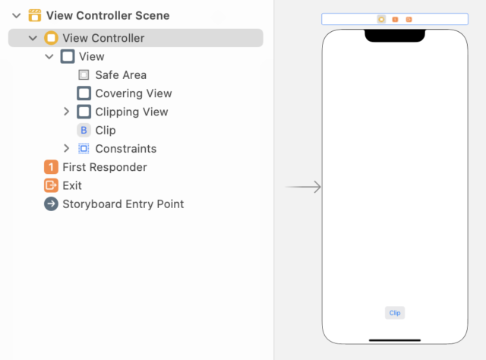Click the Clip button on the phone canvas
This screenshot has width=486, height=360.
(x=394, y=313)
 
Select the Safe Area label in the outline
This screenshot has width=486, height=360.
(x=121, y=75)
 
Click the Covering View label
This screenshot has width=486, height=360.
(x=133, y=93)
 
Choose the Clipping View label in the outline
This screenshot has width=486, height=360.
(x=131, y=112)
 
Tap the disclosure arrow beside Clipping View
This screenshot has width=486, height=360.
(x=67, y=112)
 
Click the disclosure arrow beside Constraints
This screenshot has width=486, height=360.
(x=67, y=149)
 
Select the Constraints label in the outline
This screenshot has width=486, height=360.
(x=125, y=149)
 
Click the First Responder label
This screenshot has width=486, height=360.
(x=105, y=167)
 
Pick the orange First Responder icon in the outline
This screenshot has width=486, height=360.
(x=51, y=167)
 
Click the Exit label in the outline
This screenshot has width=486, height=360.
(x=72, y=185)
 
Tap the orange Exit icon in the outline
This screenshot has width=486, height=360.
(x=51, y=185)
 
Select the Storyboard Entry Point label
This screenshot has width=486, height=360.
(x=123, y=204)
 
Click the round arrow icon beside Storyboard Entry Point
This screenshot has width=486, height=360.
(x=51, y=204)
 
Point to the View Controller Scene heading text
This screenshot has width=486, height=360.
(x=108, y=15)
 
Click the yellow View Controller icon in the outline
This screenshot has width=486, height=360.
(x=51, y=38)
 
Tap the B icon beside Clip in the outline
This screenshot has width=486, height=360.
(x=84, y=131)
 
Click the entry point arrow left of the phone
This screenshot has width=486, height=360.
(x=304, y=187)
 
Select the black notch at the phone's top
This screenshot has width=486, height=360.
(x=394, y=35)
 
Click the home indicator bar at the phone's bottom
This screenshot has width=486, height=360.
(x=394, y=339)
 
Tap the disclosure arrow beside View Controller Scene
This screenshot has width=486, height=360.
(x=16, y=15)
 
